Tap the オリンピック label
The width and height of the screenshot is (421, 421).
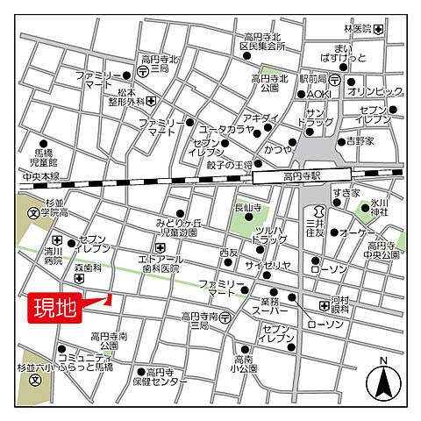(375, 91)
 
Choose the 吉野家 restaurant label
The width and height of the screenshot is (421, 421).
(360, 140)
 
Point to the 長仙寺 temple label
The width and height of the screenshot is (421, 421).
(248, 207)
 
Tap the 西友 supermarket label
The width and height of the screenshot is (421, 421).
(229, 253)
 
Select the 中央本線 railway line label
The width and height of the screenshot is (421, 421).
(41, 176)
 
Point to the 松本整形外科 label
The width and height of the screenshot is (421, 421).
(120, 96)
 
